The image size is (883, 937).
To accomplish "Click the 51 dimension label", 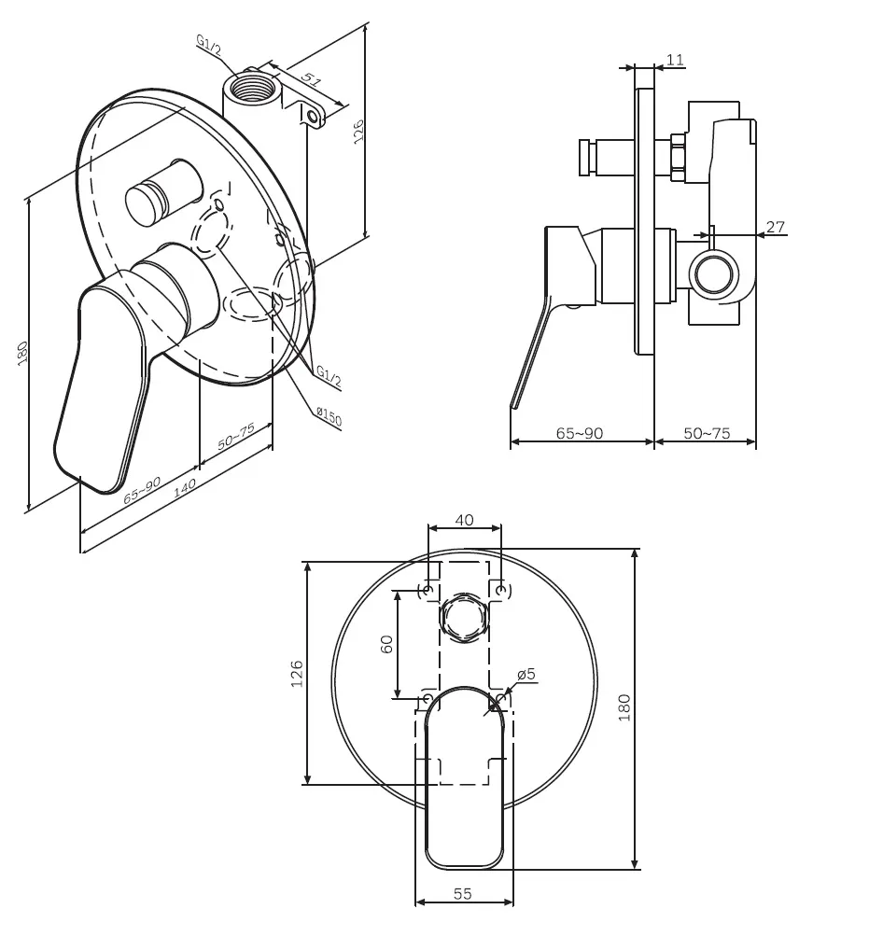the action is click(311, 79).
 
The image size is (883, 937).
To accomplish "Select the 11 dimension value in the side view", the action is click(675, 60).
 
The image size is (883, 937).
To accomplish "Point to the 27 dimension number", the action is click(775, 227).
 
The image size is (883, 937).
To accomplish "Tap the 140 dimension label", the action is click(184, 487).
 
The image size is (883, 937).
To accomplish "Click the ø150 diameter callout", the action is click(329, 417).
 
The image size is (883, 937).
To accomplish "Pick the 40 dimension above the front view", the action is click(464, 520).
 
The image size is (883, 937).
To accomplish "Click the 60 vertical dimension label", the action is click(386, 644).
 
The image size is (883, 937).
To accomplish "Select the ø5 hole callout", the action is click(526, 675).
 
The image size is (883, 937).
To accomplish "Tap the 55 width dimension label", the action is click(463, 893).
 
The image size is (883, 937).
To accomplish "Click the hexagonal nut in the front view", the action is click(464, 618).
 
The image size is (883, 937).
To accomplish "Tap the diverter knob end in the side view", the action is click(586, 158).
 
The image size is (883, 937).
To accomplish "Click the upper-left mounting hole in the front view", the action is click(427, 591).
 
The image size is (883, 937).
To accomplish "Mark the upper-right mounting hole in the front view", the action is click(501, 591).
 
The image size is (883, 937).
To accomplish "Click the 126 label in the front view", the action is click(297, 674).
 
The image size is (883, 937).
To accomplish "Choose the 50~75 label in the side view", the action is click(707, 433).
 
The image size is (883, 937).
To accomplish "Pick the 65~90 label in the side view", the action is click(580, 433).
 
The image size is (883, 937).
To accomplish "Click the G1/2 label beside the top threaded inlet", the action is click(209, 46).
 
